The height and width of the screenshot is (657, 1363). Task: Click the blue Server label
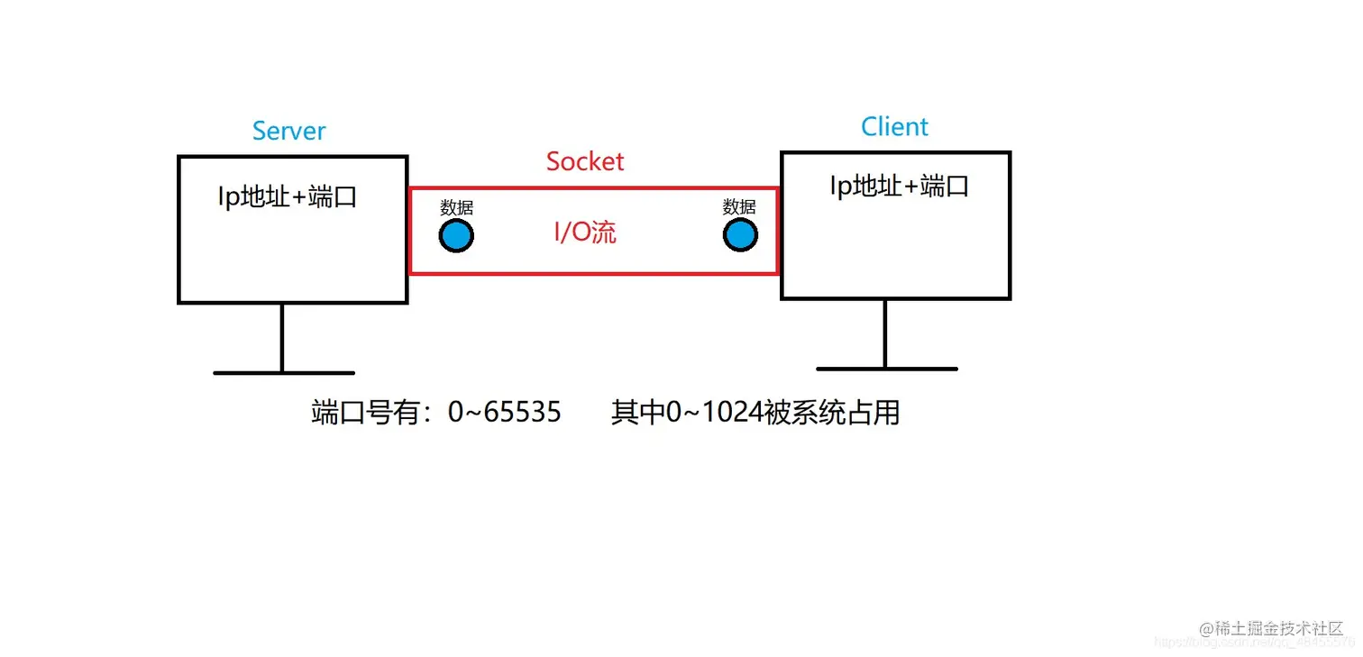[x=288, y=131]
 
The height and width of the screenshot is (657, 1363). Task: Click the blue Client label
[x=894, y=127]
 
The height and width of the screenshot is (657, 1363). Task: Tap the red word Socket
[x=585, y=161]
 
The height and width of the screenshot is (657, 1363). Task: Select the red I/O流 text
[x=585, y=233]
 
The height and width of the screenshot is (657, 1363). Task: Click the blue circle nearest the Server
[x=456, y=236]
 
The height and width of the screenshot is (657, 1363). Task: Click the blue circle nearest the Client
[x=740, y=236]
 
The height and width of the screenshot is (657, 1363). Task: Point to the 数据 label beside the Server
[x=456, y=208]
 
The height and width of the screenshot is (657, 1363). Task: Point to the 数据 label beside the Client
[x=739, y=208]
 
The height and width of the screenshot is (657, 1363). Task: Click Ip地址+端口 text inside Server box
[x=288, y=196]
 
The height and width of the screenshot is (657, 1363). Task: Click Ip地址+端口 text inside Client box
[x=899, y=187]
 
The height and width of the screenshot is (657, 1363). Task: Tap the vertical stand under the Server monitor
[x=282, y=337]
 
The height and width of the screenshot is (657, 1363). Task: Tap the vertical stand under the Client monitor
[x=885, y=333]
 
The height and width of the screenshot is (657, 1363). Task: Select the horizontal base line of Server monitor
[x=284, y=372]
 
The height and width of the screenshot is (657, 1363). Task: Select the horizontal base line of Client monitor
[x=886, y=369]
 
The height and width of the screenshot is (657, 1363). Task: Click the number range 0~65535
[x=504, y=413]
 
